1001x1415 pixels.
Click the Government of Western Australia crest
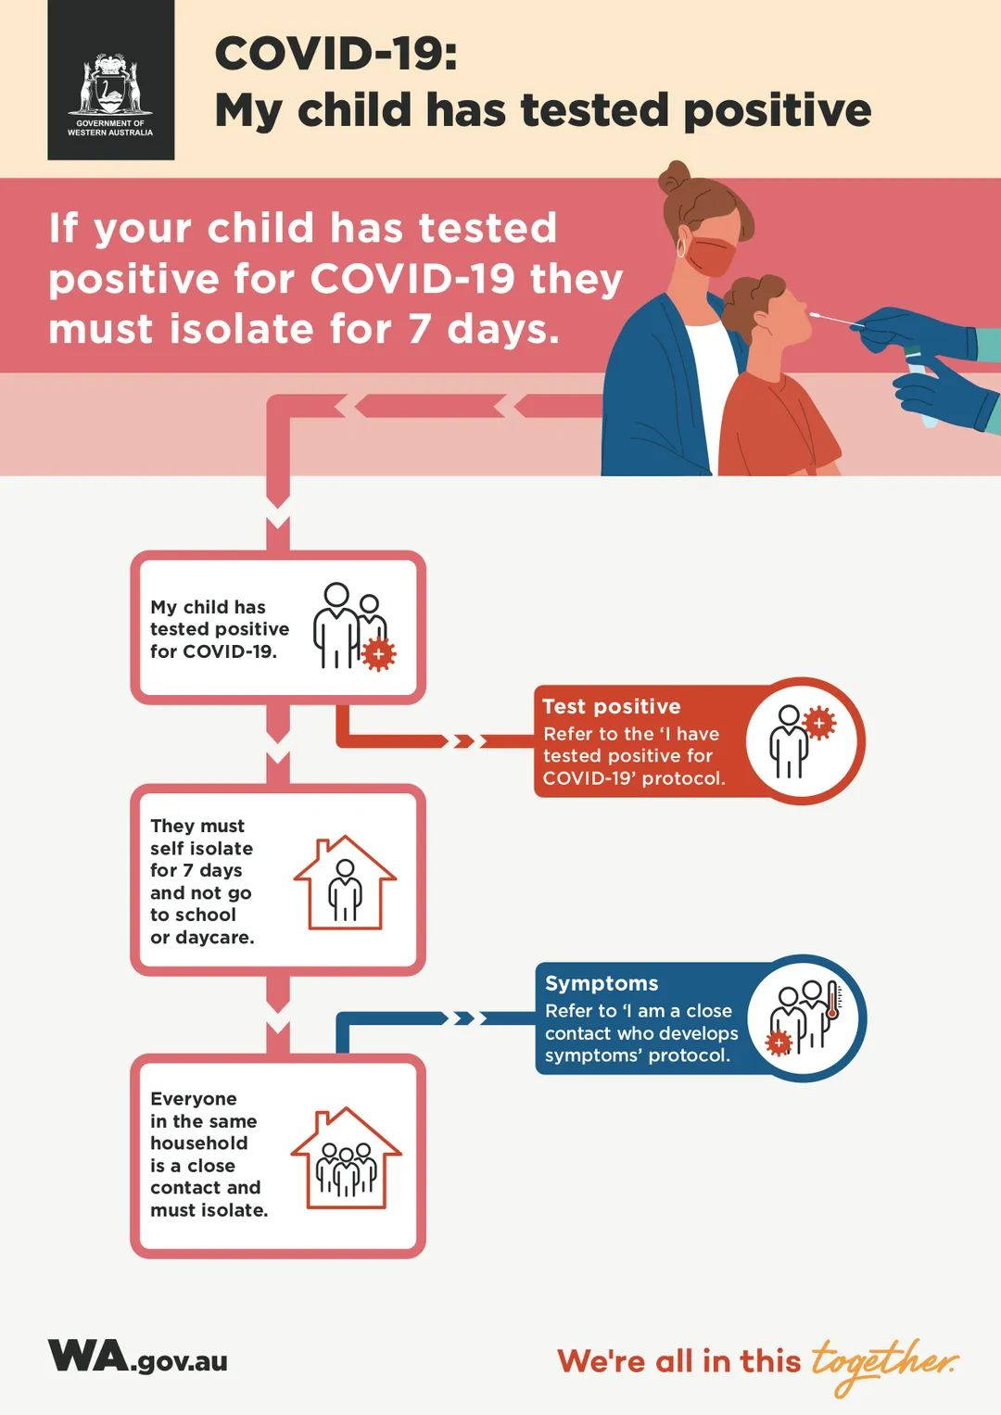[x=110, y=84]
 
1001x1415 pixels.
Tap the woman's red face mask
[x=712, y=255]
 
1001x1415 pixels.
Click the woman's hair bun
[x=675, y=178]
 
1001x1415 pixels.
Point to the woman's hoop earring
[x=681, y=247]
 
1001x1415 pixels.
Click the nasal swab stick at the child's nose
[x=836, y=319]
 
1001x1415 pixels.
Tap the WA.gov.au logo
[x=137, y=1356]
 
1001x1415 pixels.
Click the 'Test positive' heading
[x=611, y=706]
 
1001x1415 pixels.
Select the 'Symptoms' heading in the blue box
[x=602, y=983]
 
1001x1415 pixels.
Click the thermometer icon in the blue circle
[x=832, y=1001]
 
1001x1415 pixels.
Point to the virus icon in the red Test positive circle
[x=819, y=723]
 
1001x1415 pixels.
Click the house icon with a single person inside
[x=345, y=882]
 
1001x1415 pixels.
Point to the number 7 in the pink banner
[x=419, y=329]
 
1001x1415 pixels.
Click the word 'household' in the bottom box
[x=199, y=1143]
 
